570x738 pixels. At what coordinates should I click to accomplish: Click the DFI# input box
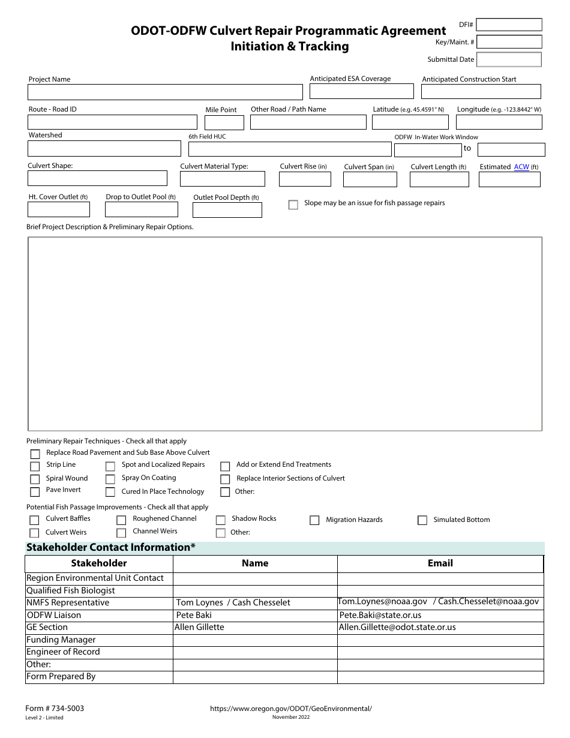[509, 25]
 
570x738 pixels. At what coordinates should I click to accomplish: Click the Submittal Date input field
[509, 59]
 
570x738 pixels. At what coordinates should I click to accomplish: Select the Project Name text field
[165, 92]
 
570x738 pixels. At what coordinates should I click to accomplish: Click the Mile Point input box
[224, 122]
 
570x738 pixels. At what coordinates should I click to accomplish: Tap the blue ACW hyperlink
[521, 167]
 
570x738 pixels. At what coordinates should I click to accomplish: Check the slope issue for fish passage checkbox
[293, 205]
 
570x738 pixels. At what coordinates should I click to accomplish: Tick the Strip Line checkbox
[35, 466]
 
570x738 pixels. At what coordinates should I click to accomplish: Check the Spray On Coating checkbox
[110, 479]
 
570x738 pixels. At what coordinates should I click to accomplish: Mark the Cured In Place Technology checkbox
[110, 493]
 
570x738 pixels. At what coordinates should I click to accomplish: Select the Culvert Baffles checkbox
[34, 520]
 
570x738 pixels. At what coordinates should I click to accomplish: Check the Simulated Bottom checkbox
[422, 520]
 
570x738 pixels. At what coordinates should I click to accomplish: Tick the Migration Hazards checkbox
[314, 520]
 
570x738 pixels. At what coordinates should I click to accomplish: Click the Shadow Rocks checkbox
[220, 520]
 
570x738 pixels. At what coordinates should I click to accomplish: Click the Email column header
[440, 563]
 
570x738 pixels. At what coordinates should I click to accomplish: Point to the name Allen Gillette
[199, 627]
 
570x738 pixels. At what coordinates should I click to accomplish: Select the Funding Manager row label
[61, 640]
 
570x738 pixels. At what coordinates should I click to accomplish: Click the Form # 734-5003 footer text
[55, 709]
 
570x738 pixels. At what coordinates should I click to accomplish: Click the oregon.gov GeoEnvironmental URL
[291, 709]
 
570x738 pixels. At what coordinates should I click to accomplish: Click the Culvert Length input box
[439, 179]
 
